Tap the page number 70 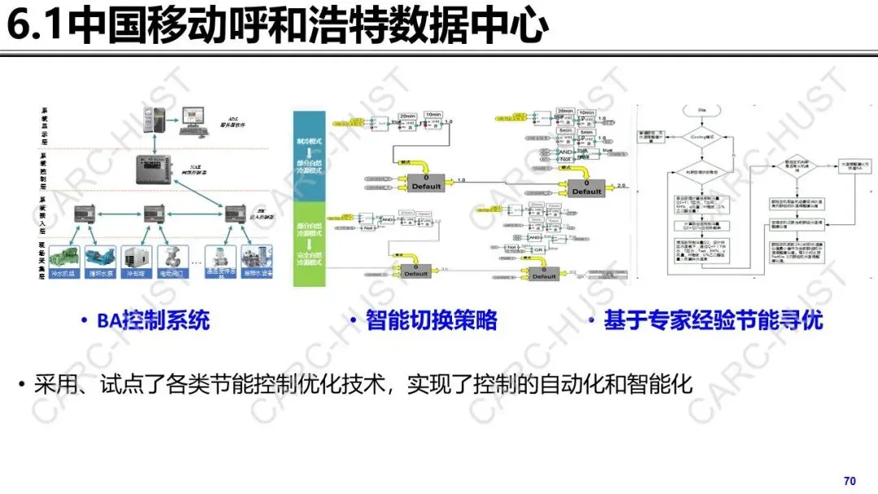pyautogui.click(x=850, y=481)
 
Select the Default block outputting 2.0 pyautogui.click(x=586, y=188)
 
